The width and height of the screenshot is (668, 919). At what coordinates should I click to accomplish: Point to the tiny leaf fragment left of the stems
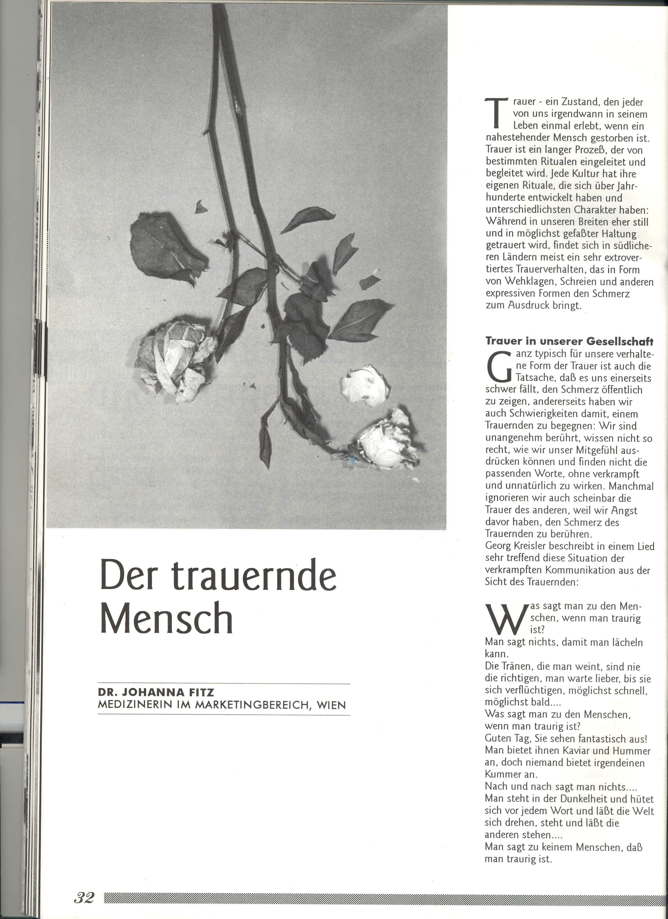click(x=200, y=207)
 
